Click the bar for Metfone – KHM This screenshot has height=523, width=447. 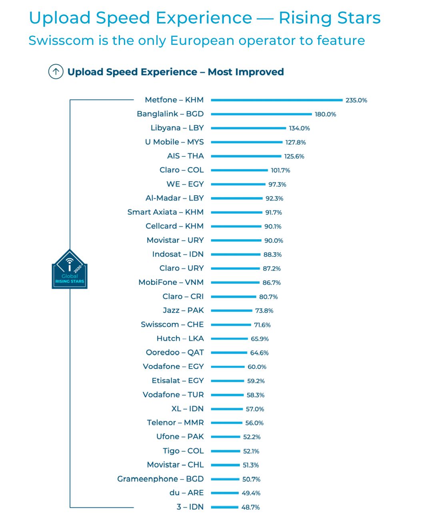pos(277,100)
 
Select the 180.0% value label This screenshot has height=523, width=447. pos(325,114)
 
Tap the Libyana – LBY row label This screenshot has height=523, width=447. pos(177,128)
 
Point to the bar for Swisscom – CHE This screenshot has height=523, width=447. pos(231,325)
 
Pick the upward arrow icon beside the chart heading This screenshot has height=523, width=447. pos(56,72)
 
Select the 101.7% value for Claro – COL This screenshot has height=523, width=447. pos(280,170)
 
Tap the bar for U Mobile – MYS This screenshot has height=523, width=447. pos(247,142)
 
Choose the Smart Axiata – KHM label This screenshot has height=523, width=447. pos(165,212)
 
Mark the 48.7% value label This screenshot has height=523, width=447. pos(250,507)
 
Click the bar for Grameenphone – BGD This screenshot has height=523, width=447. pos(225,479)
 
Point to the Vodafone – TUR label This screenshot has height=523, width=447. pos(173,395)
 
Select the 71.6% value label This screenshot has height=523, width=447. pos(262,325)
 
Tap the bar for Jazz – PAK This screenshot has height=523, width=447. pos(231,311)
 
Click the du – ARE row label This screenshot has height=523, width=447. pos(186,493)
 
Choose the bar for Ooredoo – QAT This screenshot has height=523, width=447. pos(229,353)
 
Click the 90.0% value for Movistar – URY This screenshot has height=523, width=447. pos(273,240)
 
